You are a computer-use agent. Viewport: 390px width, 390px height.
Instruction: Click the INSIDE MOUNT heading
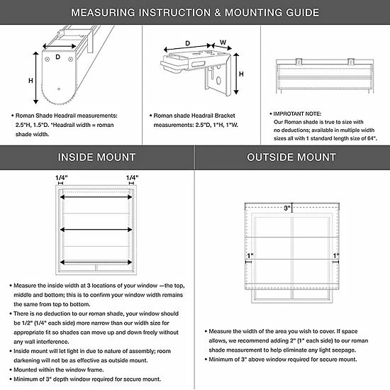(x=96, y=157)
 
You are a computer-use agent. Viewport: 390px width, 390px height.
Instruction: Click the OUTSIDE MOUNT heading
(x=291, y=157)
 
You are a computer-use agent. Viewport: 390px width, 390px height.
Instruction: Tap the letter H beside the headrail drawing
(x=30, y=81)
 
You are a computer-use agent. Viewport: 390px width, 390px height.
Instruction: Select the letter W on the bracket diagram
(x=223, y=43)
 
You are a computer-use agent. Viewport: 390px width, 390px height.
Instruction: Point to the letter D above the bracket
(x=187, y=43)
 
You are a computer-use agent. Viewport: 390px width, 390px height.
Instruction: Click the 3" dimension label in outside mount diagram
(x=287, y=208)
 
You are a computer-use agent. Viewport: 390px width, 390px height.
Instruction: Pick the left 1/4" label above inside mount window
(x=62, y=178)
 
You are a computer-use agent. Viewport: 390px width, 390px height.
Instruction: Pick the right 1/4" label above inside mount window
(x=132, y=178)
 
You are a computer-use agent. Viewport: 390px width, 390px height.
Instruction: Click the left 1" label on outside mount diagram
(x=250, y=256)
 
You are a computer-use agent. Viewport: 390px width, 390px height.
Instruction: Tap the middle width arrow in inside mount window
(x=96, y=230)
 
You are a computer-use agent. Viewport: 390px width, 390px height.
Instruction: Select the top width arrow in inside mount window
(x=96, y=197)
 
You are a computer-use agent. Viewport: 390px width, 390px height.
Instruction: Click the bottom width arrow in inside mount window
(x=96, y=262)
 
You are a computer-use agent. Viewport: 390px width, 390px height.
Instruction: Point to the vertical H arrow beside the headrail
(x=36, y=78)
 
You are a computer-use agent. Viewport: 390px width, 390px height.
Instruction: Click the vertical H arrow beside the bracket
(x=236, y=74)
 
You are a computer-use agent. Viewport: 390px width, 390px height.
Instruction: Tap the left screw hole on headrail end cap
(x=47, y=59)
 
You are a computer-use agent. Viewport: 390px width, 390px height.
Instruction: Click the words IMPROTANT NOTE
(x=297, y=113)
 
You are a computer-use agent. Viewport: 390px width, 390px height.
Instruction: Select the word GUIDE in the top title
(x=303, y=13)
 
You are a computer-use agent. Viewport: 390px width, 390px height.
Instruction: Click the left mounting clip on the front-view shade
(x=299, y=61)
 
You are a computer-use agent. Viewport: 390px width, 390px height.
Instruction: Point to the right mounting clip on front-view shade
(x=351, y=61)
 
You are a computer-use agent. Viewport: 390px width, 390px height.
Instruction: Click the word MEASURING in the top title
(x=104, y=13)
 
